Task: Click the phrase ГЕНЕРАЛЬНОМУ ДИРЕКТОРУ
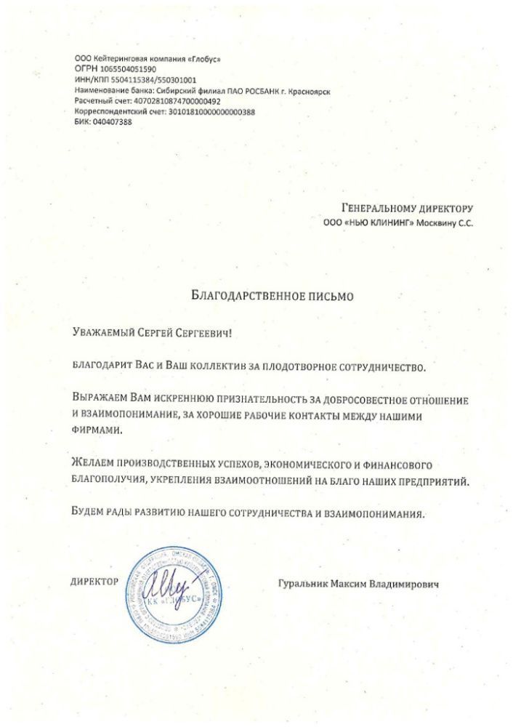407,208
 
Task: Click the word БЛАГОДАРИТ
100,367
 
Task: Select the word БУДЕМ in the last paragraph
89,513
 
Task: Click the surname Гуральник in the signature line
306,583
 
